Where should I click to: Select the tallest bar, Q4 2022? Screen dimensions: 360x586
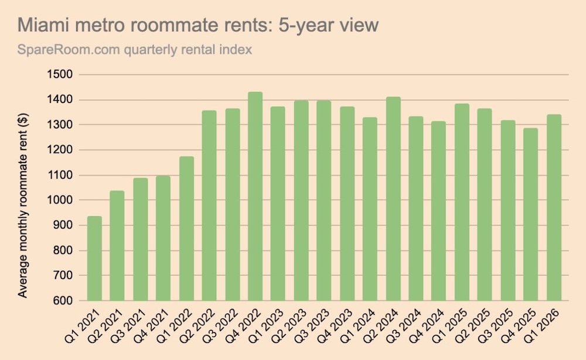click(x=255, y=196)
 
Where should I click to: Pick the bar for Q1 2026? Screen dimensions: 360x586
click(x=554, y=208)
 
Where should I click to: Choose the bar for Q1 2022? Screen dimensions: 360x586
click(x=186, y=229)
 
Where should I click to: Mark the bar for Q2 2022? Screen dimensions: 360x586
click(x=209, y=205)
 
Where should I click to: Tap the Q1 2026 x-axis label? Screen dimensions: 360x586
click(x=546, y=328)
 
